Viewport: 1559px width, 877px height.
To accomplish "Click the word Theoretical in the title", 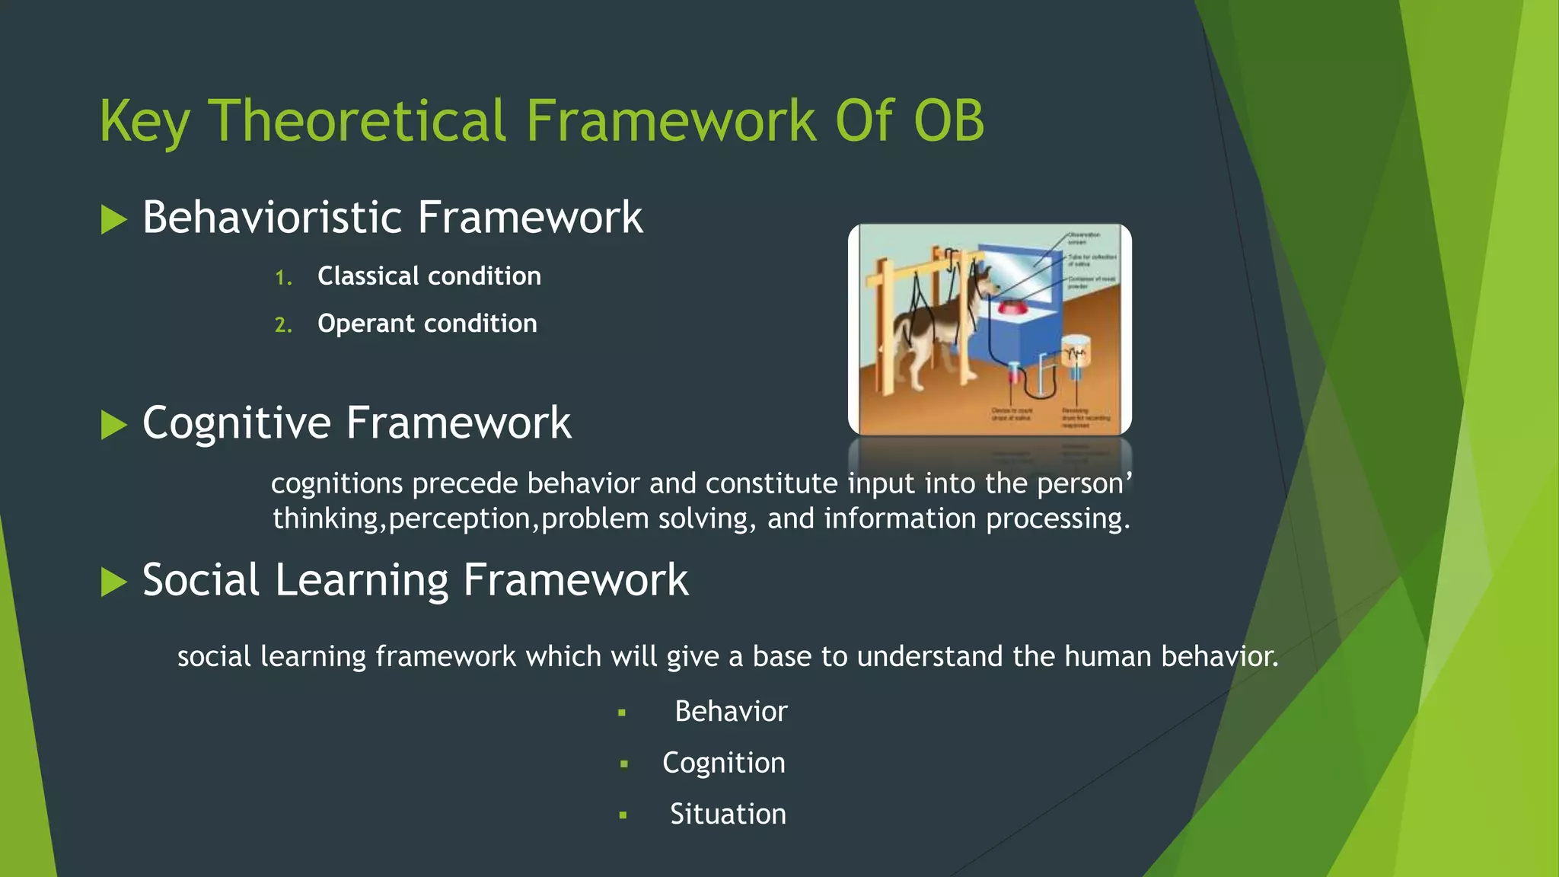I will (357, 122).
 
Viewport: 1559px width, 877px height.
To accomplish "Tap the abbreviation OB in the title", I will (948, 122).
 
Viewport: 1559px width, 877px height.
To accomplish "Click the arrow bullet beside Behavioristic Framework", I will (113, 220).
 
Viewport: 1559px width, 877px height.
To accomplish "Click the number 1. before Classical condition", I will (283, 278).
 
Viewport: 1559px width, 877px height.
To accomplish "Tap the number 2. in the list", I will (283, 326).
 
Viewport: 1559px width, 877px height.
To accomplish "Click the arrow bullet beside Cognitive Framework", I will (113, 425).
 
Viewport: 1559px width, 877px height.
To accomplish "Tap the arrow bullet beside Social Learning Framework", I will (113, 582).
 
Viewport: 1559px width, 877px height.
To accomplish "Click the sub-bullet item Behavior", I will (731, 712).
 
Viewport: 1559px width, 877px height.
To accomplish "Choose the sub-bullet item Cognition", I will (723, 763).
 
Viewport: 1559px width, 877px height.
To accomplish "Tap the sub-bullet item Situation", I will (728, 815).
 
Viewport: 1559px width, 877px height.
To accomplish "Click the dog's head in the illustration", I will (988, 284).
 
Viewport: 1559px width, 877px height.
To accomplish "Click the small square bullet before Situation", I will (623, 815).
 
